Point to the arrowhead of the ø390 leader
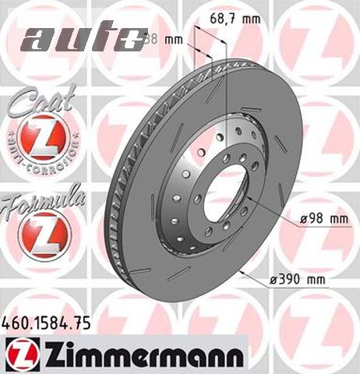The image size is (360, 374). click(242, 273)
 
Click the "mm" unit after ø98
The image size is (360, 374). click(337, 221)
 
